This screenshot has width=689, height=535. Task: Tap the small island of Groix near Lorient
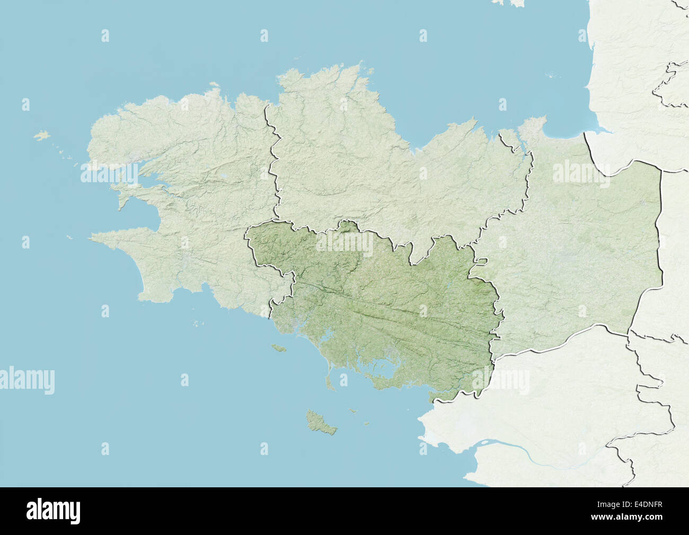pos(277,348)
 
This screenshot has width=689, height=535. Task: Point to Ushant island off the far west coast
pos(41,135)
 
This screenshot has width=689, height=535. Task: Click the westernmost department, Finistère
pos(191,212)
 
